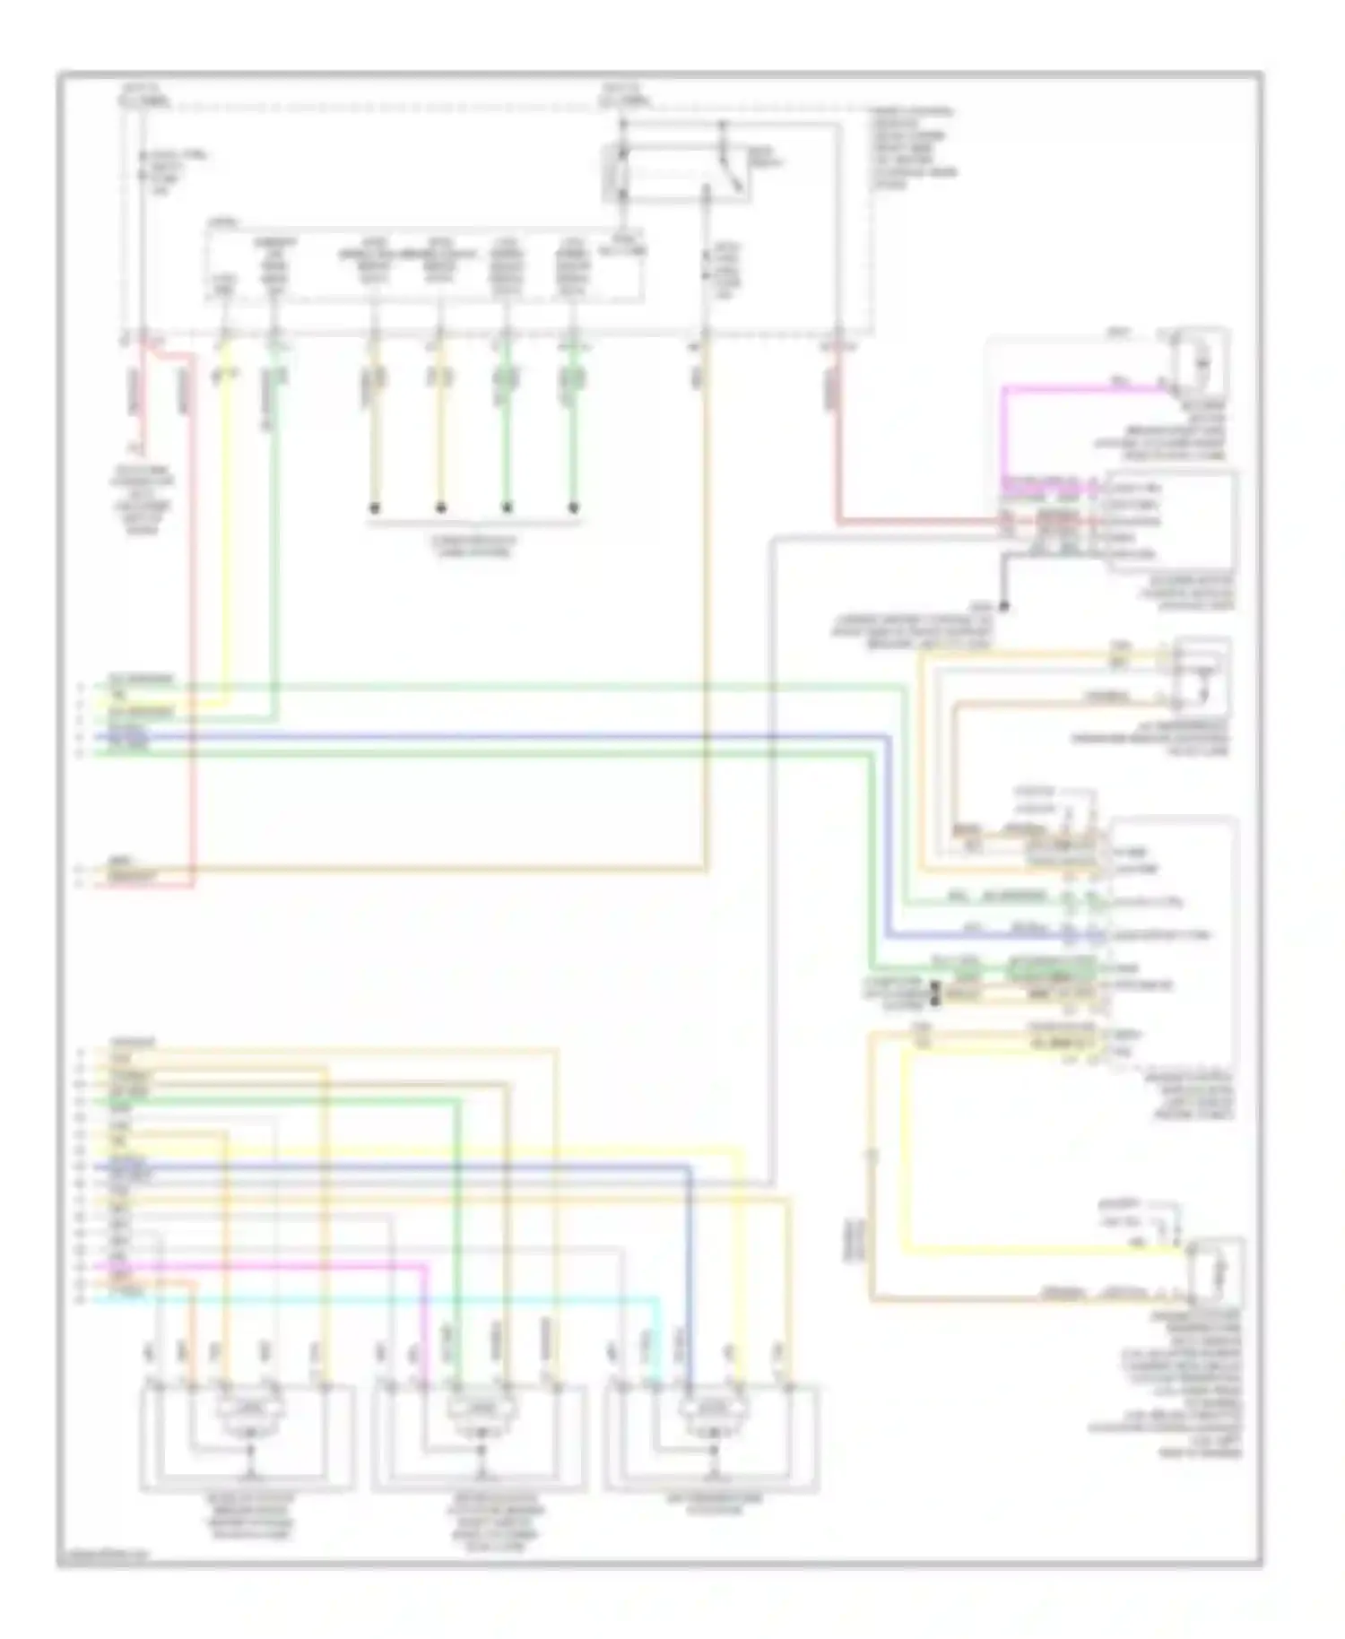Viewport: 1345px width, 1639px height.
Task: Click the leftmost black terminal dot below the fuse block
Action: click(x=375, y=508)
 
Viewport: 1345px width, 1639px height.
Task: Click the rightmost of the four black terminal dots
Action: click(x=574, y=508)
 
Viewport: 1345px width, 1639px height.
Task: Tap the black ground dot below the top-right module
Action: click(x=1003, y=607)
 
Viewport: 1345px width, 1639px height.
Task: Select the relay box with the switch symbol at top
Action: click(x=674, y=170)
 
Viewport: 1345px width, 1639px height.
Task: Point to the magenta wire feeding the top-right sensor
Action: click(x=1076, y=389)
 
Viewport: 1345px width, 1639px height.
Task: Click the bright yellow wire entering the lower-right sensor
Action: click(x=1031, y=1248)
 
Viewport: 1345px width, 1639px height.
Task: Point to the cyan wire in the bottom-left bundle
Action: click(x=359, y=1297)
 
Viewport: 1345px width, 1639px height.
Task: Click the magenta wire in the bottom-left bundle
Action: click(x=269, y=1265)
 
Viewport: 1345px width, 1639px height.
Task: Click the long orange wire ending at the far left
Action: click(x=403, y=869)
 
